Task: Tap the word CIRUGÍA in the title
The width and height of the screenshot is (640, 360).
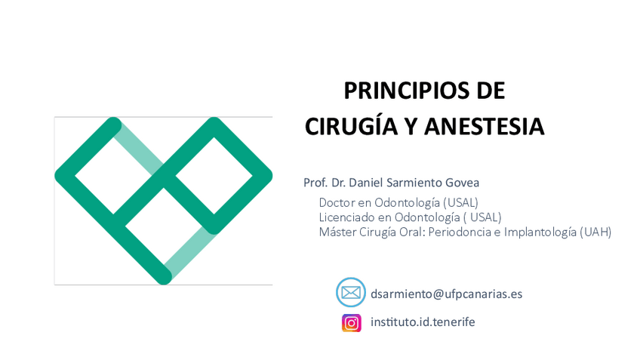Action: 351,125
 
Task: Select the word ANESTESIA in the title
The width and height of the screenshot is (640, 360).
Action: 484,126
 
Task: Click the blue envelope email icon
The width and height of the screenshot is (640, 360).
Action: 351,292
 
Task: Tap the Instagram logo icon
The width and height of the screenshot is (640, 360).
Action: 352,323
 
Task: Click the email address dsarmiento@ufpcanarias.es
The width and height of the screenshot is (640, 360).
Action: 446,294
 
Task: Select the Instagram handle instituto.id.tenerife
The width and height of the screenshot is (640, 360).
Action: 423,322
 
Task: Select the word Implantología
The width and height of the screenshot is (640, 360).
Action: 540,232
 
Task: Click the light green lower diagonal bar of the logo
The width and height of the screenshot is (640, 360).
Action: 190,252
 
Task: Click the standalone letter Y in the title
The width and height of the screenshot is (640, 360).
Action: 411,126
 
